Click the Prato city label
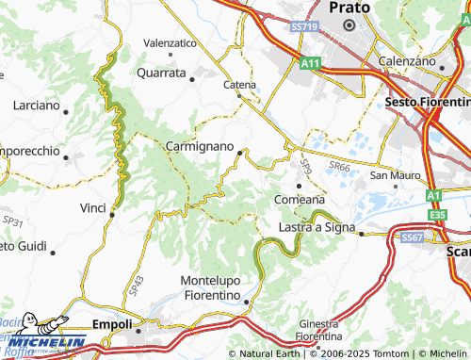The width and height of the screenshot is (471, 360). [x=349, y=7]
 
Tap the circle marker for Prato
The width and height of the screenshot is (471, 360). [x=349, y=25]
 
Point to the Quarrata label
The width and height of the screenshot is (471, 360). [x=161, y=72]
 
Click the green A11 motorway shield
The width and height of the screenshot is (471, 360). [x=310, y=63]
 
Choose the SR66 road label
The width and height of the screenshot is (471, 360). [x=338, y=166]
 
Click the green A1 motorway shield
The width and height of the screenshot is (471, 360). [x=433, y=196]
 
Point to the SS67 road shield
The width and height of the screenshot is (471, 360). [x=411, y=238]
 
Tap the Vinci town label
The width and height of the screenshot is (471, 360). [x=93, y=207]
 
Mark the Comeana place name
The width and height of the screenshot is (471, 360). [x=299, y=200]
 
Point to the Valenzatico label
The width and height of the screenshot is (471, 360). [x=170, y=43]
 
